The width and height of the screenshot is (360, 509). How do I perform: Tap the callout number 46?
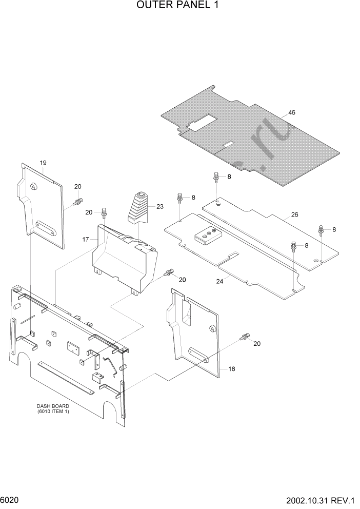pos(292,112)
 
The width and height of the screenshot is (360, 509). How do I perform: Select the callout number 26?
pos(294,214)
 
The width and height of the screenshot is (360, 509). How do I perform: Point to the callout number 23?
pos(159,207)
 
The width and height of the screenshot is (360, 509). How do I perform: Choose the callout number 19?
pos(43,163)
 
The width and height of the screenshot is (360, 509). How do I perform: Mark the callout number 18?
pos(231,369)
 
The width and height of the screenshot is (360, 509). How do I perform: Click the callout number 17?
pos(86,240)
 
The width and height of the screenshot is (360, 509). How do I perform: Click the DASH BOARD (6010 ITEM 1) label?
pos(53,409)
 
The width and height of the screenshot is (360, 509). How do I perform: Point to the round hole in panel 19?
pos(33,186)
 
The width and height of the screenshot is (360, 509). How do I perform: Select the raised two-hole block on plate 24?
pos(207,236)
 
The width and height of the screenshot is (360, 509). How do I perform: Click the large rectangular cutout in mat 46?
pos(202,122)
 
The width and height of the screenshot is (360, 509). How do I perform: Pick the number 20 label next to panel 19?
pos(78,187)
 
